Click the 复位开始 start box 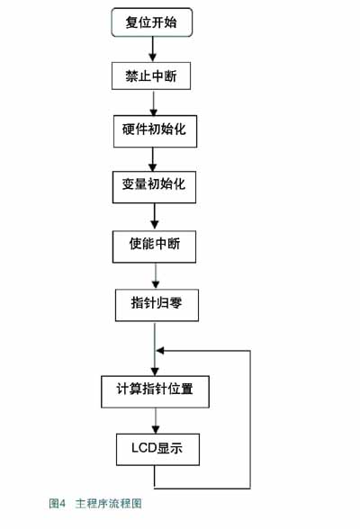tap(151, 22)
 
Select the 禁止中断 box tap(151, 77)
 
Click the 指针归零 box tap(156, 304)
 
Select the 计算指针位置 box tap(157, 390)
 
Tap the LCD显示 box tap(157, 448)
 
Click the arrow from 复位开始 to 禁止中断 tap(152, 49)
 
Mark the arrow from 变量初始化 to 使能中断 tap(155, 215)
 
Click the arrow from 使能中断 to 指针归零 tap(156, 274)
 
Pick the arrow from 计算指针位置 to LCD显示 tap(157, 419)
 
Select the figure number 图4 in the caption tap(58, 504)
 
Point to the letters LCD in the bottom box tap(142, 448)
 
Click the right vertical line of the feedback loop tap(249, 418)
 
